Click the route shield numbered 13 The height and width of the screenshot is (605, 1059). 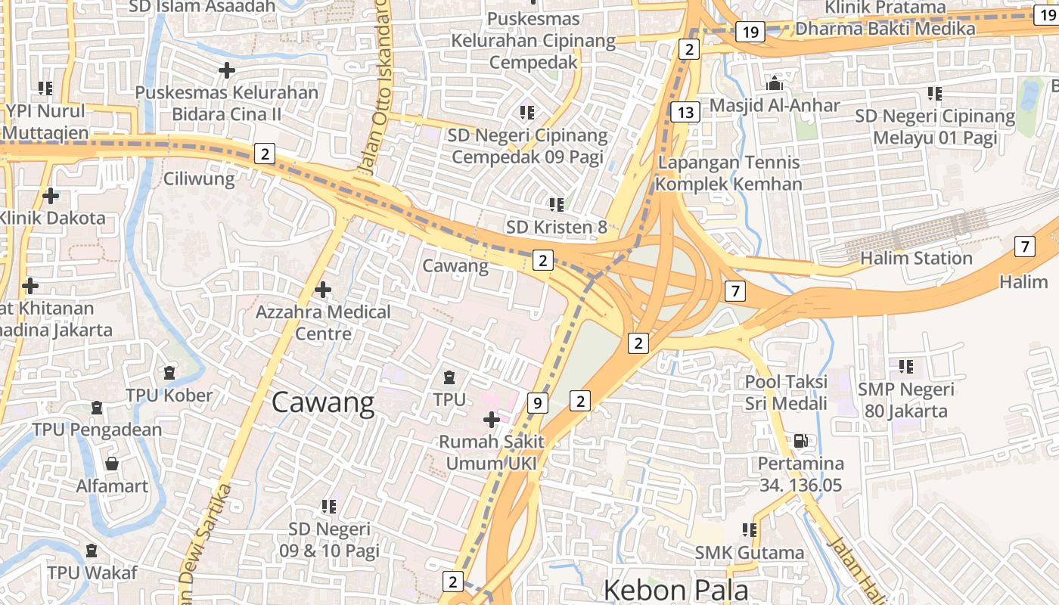685,113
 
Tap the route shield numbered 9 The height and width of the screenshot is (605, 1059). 536,403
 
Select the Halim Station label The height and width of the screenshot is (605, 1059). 916,259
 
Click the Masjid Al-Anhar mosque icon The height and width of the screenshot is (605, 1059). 775,83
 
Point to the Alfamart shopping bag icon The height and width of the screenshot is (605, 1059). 112,464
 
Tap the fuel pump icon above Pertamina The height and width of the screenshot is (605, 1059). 800,440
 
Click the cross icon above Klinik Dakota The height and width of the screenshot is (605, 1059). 51,197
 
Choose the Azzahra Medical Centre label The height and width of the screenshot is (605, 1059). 323,323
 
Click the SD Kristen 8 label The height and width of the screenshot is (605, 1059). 557,227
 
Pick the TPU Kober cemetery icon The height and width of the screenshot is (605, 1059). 169,373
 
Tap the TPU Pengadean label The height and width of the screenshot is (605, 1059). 97,430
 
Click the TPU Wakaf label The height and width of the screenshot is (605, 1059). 92,572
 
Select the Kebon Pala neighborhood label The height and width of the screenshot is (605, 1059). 675,590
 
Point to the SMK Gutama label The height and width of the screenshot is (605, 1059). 750,553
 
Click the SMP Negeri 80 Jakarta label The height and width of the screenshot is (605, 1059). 905,401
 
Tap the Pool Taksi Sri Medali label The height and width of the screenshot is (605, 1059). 786,392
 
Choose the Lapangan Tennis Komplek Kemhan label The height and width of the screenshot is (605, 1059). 728,173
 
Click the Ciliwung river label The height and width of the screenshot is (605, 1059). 199,179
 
